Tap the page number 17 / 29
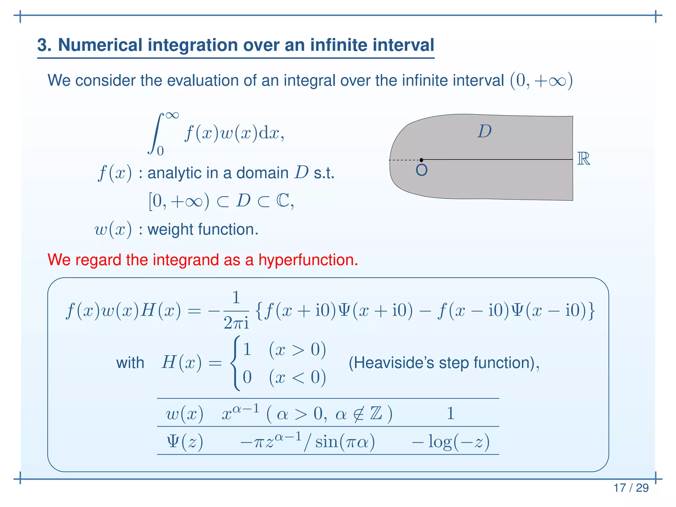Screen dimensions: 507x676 (631, 488)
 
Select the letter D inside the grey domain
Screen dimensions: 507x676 (485, 131)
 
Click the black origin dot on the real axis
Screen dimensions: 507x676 (421, 160)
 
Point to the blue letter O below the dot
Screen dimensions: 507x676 (422, 170)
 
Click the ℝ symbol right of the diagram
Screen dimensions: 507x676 (583, 159)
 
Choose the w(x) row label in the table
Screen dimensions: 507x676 (184, 414)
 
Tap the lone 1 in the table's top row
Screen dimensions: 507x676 (451, 413)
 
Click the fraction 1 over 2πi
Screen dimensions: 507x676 (236, 311)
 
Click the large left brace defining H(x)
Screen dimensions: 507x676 (235, 363)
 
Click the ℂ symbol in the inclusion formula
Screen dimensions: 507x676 (283, 200)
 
